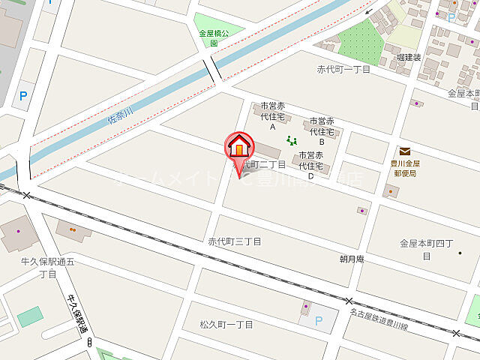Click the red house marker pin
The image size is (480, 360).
pyautogui.click(x=239, y=145)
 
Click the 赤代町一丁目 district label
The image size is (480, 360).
pyautogui.click(x=344, y=69)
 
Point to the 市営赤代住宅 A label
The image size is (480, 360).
pyautogui.click(x=273, y=116)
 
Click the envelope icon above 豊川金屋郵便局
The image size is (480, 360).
pyautogui.click(x=405, y=151)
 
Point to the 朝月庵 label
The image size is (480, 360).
pyautogui.click(x=351, y=258)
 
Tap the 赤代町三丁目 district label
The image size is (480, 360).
pyautogui.click(x=235, y=241)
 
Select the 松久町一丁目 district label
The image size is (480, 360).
pyautogui.click(x=226, y=324)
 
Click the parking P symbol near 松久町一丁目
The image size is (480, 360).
pyautogui.click(x=319, y=321)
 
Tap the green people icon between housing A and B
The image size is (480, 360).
pyautogui.click(x=292, y=139)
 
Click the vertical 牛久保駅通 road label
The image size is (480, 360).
pyautogui.click(x=77, y=313)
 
